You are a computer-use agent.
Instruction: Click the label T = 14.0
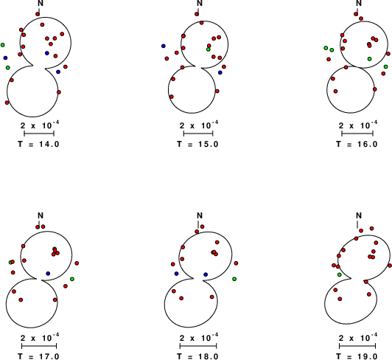point(38,144)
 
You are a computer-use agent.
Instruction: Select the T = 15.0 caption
point(197,144)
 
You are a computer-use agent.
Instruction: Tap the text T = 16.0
point(357,144)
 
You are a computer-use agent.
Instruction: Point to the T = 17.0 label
point(38,356)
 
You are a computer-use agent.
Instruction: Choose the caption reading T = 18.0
point(197,356)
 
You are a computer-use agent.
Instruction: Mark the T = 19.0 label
point(357,356)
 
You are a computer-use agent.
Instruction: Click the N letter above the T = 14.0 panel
point(41,3)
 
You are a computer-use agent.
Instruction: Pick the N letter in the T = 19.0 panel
point(359,215)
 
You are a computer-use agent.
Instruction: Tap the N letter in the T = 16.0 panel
point(359,3)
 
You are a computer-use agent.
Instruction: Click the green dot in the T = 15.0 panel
point(209,49)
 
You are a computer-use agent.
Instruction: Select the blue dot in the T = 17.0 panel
point(48,274)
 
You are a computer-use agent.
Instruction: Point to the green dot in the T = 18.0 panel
point(234,279)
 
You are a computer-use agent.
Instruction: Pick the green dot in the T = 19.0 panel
point(339,274)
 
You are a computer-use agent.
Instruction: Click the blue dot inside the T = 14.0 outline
point(47,53)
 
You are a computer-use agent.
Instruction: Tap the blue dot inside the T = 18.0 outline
point(206,274)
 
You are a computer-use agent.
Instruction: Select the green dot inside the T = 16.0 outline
point(369,59)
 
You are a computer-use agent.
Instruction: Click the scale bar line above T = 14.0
point(39,134)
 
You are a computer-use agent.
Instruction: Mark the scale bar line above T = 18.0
point(198,346)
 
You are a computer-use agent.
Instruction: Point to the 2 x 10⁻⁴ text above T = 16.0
point(358,125)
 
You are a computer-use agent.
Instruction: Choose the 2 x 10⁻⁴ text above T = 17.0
point(40,337)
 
